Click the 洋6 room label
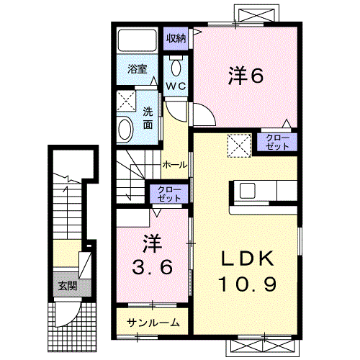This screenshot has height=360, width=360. pos(244,75)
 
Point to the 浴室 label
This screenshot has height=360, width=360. pos(138,70)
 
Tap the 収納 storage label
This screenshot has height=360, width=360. pos(176,37)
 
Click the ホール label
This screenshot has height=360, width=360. pos(176,164)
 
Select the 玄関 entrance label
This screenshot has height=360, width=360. pos(66,287)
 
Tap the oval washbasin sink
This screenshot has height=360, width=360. pos(126,130)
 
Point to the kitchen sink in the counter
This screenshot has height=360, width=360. pos(247,190)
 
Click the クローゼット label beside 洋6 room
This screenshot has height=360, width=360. pos(278,141)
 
